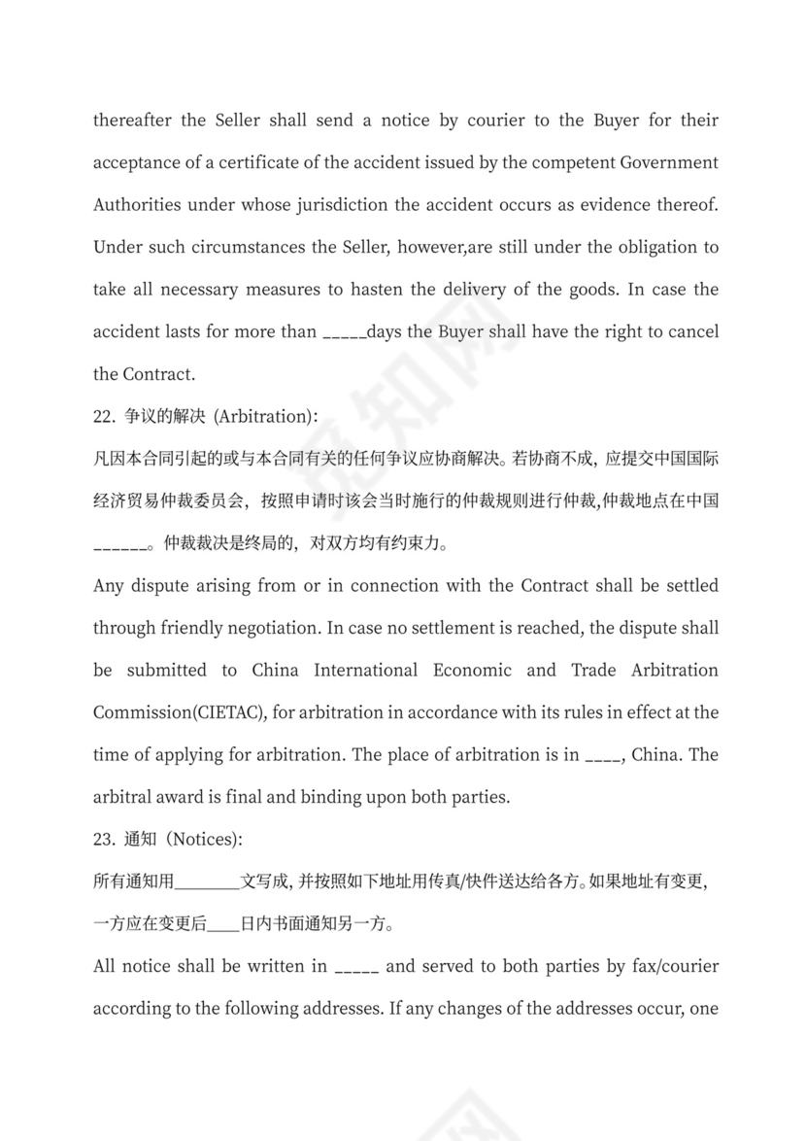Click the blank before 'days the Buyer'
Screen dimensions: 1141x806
(343, 333)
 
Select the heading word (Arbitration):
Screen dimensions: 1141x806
(263, 416)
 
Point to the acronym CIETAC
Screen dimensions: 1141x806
(230, 712)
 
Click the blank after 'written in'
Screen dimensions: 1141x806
(355, 968)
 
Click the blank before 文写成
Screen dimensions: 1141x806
(208, 883)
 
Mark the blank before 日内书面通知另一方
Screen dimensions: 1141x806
(223, 925)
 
